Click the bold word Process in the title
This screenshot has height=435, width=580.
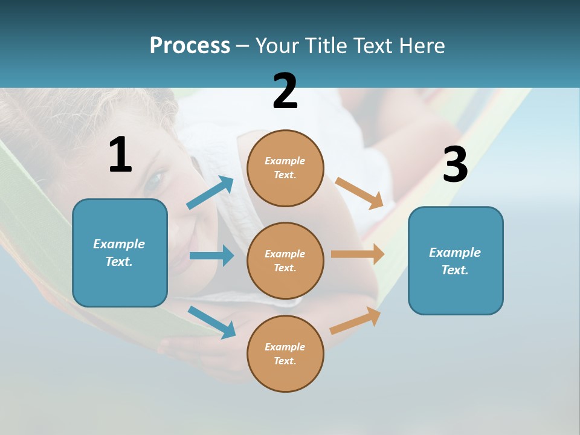[190, 46]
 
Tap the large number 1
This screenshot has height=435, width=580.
[120, 155]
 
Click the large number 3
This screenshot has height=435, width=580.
[455, 165]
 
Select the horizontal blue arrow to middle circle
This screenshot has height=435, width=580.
[211, 256]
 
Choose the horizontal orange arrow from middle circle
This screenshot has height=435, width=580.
[358, 254]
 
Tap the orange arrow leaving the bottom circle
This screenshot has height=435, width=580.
[355, 321]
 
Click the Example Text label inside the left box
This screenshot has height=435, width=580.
[119, 253]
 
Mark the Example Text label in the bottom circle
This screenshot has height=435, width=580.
[285, 353]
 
